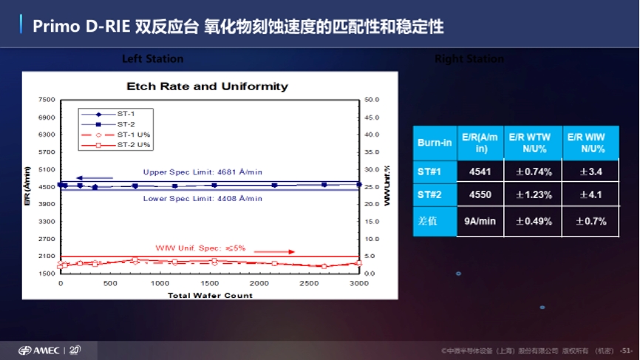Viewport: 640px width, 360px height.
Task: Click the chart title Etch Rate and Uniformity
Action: click(x=207, y=86)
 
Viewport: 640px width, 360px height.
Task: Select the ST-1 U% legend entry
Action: click(x=134, y=134)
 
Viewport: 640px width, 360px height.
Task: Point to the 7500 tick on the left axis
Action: click(x=47, y=99)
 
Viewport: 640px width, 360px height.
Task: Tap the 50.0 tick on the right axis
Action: click(x=372, y=99)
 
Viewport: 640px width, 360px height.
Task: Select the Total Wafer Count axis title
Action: click(x=210, y=295)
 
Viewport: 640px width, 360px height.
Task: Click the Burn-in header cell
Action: click(x=434, y=142)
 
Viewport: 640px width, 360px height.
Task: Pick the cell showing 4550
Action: click(x=480, y=195)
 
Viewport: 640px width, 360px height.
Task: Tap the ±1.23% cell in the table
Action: click(x=534, y=195)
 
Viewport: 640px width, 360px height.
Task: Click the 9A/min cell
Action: click(x=480, y=221)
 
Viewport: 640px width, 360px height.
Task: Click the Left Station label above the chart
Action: click(x=153, y=58)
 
